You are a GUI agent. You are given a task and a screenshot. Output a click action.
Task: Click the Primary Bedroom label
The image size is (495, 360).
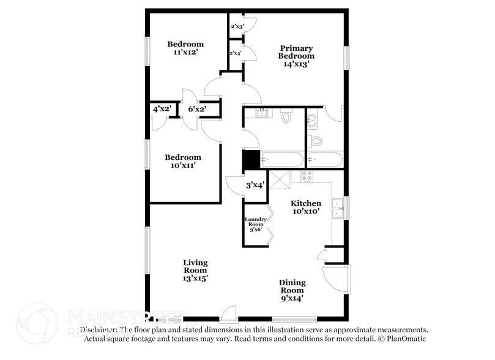click(x=296, y=56)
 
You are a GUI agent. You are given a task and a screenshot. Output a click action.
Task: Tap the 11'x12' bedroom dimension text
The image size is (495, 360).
click(x=185, y=53)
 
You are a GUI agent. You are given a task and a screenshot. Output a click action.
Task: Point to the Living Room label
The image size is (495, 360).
click(x=195, y=270)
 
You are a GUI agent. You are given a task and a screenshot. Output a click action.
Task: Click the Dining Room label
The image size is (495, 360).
click(x=292, y=290)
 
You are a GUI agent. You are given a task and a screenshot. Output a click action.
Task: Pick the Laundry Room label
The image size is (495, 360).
click(x=256, y=224)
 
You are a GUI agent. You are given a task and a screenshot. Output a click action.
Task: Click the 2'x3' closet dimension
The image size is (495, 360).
click(x=237, y=27)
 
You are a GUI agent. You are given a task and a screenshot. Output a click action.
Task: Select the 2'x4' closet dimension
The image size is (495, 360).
click(x=236, y=53)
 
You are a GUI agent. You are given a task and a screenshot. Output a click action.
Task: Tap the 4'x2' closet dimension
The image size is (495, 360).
click(x=162, y=109)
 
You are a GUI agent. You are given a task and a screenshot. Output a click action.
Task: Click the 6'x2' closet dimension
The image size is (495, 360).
click(x=197, y=109)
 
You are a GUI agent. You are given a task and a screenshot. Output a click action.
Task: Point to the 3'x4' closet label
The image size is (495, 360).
click(x=255, y=184)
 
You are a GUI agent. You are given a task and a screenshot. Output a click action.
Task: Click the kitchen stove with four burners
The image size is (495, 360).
click(x=306, y=176)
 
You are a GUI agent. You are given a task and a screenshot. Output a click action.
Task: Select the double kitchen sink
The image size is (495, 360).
click(x=337, y=208)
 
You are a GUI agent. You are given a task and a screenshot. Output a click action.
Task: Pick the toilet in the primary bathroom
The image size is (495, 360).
click(x=316, y=140)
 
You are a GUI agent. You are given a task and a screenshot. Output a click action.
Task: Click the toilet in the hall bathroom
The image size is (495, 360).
click(x=286, y=116)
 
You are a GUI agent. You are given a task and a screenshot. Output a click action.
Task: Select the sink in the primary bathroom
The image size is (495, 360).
click(x=313, y=119)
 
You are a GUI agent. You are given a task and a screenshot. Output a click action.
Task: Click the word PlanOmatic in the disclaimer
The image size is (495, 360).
click(x=406, y=339)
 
